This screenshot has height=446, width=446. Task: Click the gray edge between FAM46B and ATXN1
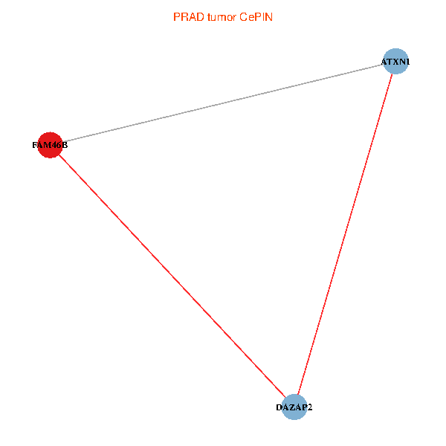223,103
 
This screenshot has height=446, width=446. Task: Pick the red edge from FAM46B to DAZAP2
172,276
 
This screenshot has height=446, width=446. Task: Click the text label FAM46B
50,145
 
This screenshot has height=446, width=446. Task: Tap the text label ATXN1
395,62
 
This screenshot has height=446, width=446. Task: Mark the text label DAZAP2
294,407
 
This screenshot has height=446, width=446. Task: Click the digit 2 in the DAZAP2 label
309,407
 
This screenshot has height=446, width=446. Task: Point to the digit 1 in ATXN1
407,62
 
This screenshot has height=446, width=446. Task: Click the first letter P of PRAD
176,17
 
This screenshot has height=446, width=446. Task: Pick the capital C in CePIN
243,17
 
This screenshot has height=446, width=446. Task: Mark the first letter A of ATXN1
384,62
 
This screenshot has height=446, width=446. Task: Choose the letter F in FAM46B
35,145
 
